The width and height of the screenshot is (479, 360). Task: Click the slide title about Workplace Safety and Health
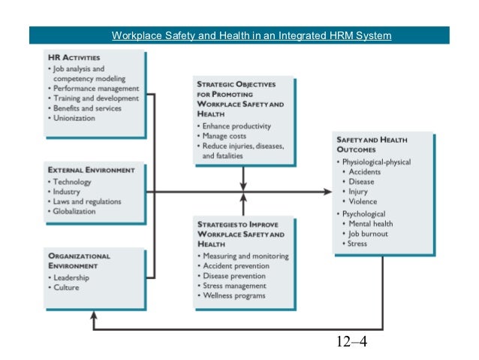[x=251, y=35]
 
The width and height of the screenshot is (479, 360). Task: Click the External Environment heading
[x=92, y=170]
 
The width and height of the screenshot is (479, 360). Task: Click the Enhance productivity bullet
[x=236, y=126]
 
